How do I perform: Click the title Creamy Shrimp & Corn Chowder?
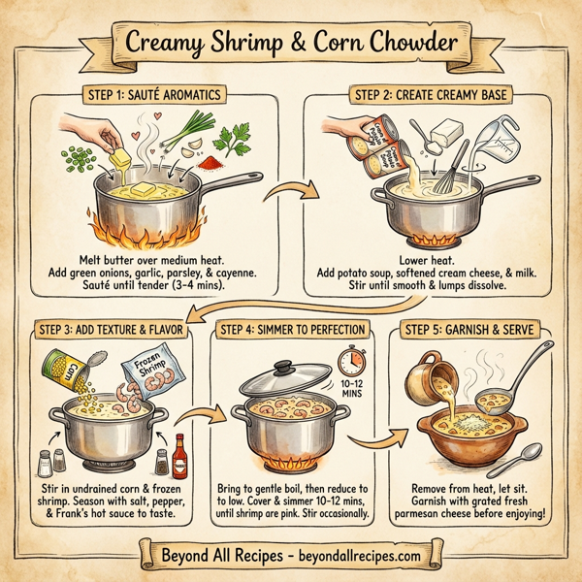290,43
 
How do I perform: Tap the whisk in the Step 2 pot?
452,175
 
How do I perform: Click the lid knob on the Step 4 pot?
282,367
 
